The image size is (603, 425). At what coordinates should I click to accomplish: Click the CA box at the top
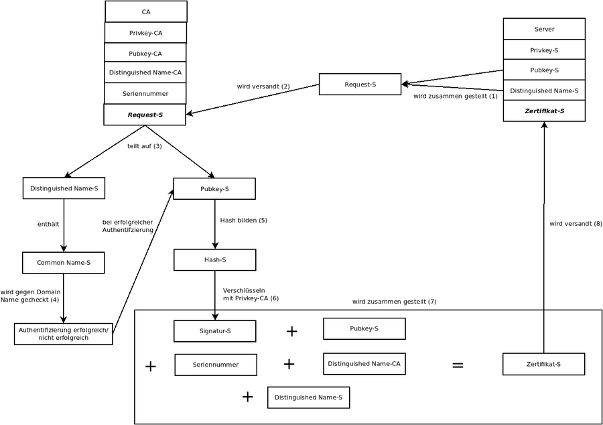point(146,11)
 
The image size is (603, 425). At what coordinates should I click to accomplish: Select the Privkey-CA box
point(145,33)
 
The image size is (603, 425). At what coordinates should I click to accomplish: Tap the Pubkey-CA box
point(145,54)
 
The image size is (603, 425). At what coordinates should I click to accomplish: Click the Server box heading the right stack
point(544,29)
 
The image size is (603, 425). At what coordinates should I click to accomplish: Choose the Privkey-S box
point(544,50)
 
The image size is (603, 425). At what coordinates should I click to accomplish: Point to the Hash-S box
point(214,260)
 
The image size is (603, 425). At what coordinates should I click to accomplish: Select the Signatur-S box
point(214,331)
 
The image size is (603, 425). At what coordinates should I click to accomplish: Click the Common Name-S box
point(64,263)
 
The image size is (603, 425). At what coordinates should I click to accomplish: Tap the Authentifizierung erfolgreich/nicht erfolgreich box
point(64,334)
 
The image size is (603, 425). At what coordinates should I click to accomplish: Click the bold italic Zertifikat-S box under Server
point(544,111)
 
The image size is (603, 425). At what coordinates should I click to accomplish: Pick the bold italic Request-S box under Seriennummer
point(145,115)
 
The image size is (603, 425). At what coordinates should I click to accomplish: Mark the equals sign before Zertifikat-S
point(458,365)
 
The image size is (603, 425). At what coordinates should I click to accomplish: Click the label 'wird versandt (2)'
point(263,86)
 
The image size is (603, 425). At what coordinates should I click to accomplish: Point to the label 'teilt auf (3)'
point(145,146)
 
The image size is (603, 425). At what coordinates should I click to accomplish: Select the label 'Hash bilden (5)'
point(244,220)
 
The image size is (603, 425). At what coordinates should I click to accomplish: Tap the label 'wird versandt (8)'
point(576,224)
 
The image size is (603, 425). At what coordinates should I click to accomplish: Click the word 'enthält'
point(48,224)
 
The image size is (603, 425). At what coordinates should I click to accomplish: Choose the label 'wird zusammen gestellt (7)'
point(394,302)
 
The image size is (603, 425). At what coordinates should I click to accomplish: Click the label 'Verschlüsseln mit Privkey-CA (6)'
point(251,294)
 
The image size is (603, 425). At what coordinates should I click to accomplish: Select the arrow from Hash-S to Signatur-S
point(214,295)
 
